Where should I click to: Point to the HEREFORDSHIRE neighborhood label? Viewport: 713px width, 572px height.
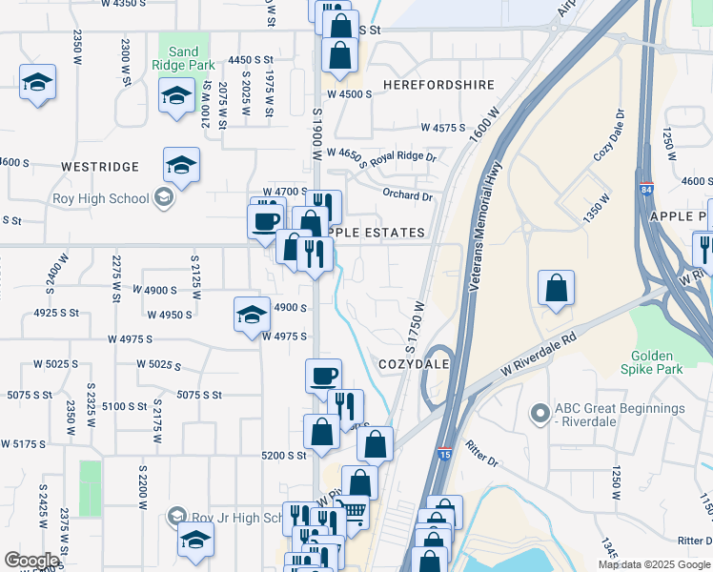point(438,85)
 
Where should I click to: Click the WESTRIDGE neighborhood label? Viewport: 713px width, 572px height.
point(100,167)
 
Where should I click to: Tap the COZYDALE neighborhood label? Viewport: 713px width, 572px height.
point(413,365)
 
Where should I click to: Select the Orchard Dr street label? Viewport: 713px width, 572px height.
point(407,196)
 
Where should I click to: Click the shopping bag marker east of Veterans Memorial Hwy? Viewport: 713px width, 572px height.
point(556,288)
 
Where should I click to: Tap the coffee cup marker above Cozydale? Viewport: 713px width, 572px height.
point(323,375)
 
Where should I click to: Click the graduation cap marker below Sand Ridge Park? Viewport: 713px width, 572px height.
point(176,97)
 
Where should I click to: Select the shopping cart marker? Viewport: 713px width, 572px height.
point(352,513)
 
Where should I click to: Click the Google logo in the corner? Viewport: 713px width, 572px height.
point(31,561)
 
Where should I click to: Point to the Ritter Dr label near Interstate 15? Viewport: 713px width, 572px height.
point(481,454)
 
